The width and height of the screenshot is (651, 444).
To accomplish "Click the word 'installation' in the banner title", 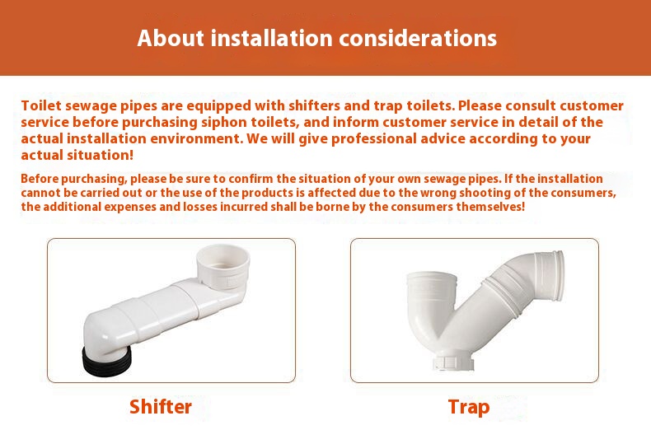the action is [272, 38].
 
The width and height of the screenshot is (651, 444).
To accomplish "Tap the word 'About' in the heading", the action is [171, 38].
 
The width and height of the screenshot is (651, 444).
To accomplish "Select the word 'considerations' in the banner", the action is [418, 38].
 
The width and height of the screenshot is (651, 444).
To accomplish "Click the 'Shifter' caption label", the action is [161, 407].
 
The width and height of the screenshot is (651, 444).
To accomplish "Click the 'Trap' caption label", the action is [469, 407].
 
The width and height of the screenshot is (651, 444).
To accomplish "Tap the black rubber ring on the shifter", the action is [106, 361].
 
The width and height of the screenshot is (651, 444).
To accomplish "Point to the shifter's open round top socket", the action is [223, 261].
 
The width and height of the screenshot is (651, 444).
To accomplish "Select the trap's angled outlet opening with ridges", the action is [551, 273].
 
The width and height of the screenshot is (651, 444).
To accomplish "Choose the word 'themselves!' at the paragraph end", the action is [490, 206].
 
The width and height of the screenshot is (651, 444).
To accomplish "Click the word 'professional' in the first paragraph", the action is [373, 138].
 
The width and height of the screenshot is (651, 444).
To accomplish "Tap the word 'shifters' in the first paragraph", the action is [314, 105].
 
